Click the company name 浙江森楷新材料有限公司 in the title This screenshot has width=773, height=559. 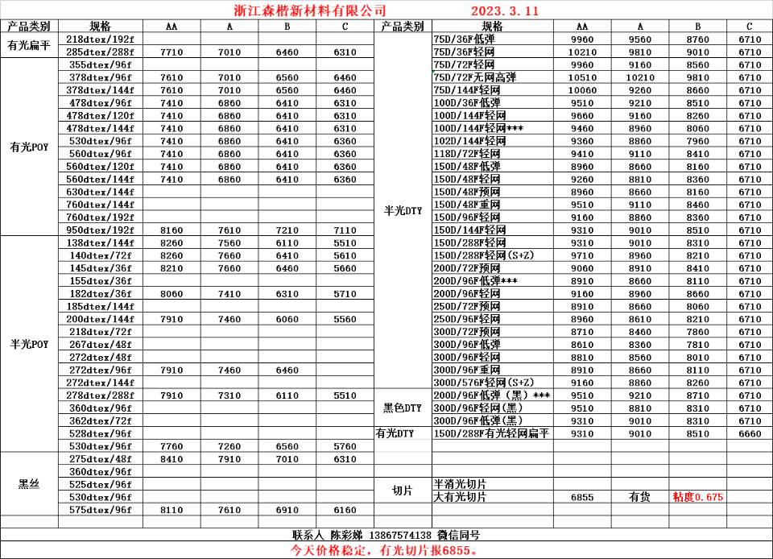pyautogui.click(x=304, y=10)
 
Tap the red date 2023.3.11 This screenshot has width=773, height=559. pyautogui.click(x=504, y=11)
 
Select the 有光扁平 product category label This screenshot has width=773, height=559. pyautogui.click(x=29, y=46)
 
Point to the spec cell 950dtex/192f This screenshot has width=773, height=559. pyautogui.click(x=101, y=230)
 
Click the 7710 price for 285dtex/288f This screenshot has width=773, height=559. pyautogui.click(x=172, y=52)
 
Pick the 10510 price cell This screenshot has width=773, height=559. pyautogui.click(x=581, y=77)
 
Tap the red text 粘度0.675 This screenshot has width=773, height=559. pyautogui.click(x=697, y=497)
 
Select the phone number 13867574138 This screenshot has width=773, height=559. pyautogui.click(x=400, y=535)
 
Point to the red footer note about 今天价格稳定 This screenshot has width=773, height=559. pyautogui.click(x=386, y=550)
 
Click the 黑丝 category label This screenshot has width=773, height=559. pyautogui.click(x=29, y=484)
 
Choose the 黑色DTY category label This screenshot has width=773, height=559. pyautogui.click(x=403, y=408)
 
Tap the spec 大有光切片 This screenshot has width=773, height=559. pyautogui.click(x=460, y=497)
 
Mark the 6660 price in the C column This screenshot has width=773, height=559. pyautogui.click(x=749, y=433)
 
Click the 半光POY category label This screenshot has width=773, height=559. pyautogui.click(x=29, y=344)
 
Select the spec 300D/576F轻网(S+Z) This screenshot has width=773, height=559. pyautogui.click(x=483, y=382)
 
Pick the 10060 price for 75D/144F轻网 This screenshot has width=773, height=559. pyautogui.click(x=581, y=90)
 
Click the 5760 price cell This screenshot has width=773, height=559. pyautogui.click(x=345, y=446)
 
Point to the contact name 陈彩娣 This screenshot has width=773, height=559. pyautogui.click(x=346, y=535)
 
